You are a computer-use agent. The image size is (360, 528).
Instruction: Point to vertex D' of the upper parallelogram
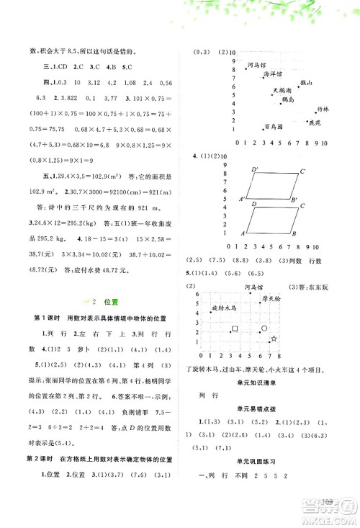[254, 169]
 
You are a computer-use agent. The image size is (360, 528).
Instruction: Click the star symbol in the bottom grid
[273, 338]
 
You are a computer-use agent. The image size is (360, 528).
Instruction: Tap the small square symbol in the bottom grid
[235, 329]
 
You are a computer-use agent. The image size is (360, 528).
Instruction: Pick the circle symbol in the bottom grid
[264, 328]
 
